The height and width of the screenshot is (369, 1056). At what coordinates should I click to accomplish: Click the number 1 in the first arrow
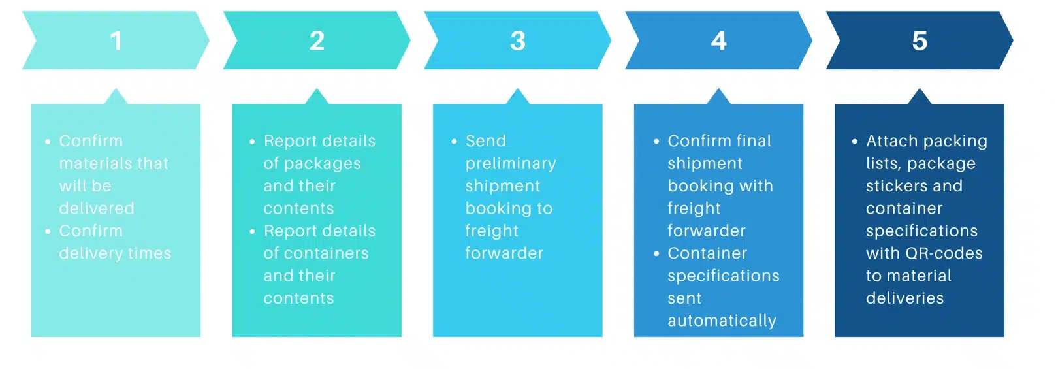[116, 41]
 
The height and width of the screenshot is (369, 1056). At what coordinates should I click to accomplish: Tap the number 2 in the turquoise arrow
[317, 41]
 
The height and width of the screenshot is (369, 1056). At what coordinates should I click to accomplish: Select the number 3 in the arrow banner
[518, 41]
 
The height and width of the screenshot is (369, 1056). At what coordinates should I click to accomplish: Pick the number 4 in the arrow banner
[718, 41]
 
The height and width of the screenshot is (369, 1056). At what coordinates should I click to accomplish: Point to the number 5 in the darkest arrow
[920, 41]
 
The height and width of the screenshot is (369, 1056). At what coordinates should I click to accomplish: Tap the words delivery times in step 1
[115, 253]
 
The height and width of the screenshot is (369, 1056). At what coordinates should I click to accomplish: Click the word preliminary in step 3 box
[511, 164]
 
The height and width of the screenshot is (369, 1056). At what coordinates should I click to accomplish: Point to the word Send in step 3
[486, 141]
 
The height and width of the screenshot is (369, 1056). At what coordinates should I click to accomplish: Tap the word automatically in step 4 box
[722, 321]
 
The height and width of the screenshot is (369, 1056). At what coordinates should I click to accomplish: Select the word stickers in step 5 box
[895, 186]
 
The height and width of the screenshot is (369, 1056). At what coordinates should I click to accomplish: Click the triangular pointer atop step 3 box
[518, 97]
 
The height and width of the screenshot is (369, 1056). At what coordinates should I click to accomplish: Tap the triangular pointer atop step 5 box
[920, 97]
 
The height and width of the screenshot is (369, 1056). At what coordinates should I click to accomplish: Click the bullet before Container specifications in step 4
[656, 253]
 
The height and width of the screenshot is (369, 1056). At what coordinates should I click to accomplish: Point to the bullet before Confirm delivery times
[48, 231]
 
